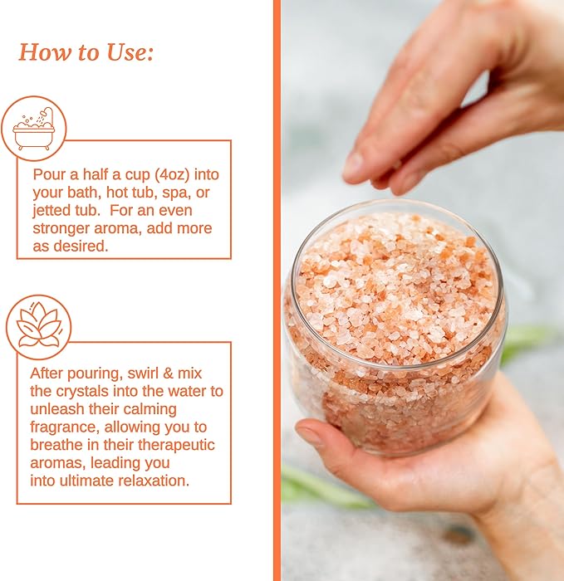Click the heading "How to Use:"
[x=86, y=53]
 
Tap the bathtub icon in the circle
[x=34, y=129]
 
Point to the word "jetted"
[x=54, y=210]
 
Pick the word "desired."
[x=88, y=246]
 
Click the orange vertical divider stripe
[x=277, y=290]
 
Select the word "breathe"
[x=59, y=446]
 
